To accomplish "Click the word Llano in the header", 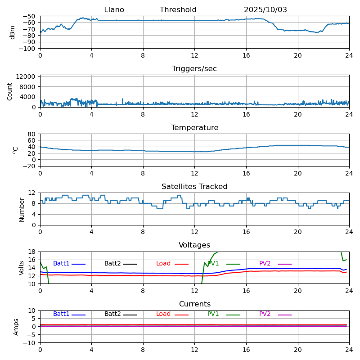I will coord(114,10).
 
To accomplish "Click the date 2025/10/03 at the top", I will coord(265,10).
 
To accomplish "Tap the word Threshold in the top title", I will coord(178,10).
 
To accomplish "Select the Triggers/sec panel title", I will coord(194,69).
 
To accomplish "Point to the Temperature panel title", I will coord(194,128).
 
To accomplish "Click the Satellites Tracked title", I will coord(194,187).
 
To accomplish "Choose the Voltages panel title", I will coord(194,245).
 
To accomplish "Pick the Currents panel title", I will coord(194,304).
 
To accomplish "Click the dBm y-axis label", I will coord(13,32).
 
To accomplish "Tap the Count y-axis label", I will coord(10,91).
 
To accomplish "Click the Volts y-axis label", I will coord(22,268).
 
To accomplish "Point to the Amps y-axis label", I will coord(17,327).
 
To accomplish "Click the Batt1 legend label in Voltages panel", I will coord(61,264).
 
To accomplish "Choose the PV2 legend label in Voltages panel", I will coord(265,264).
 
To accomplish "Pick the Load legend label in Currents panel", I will coord(163,314).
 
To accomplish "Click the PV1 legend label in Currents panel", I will coord(213,314).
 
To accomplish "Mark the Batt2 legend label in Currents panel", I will coord(112,314).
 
